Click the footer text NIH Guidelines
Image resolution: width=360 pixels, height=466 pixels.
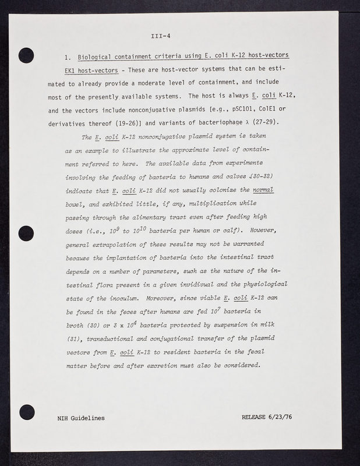pos(82,418)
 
